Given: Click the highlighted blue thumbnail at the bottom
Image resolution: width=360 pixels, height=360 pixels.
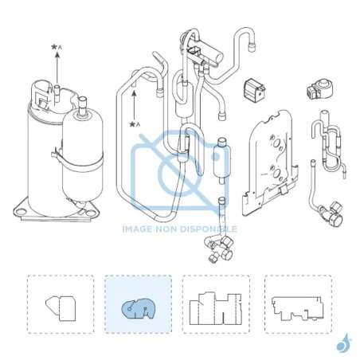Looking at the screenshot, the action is (x=139, y=304).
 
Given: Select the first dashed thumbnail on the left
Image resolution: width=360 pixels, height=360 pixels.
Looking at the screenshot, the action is (x=61, y=304).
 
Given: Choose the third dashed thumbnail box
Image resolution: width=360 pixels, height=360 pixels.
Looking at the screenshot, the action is (x=216, y=304).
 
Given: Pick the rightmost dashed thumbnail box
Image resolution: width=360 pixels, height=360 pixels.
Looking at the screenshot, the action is (x=298, y=304).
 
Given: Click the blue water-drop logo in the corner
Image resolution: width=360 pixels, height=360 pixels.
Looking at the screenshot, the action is (x=343, y=343).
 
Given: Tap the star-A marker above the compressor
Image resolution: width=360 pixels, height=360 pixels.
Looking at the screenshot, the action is (x=57, y=48).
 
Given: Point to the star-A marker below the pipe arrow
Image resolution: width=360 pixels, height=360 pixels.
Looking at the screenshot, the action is (x=135, y=124).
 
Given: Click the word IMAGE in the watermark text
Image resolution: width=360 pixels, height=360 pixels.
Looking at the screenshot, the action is (x=137, y=229).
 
